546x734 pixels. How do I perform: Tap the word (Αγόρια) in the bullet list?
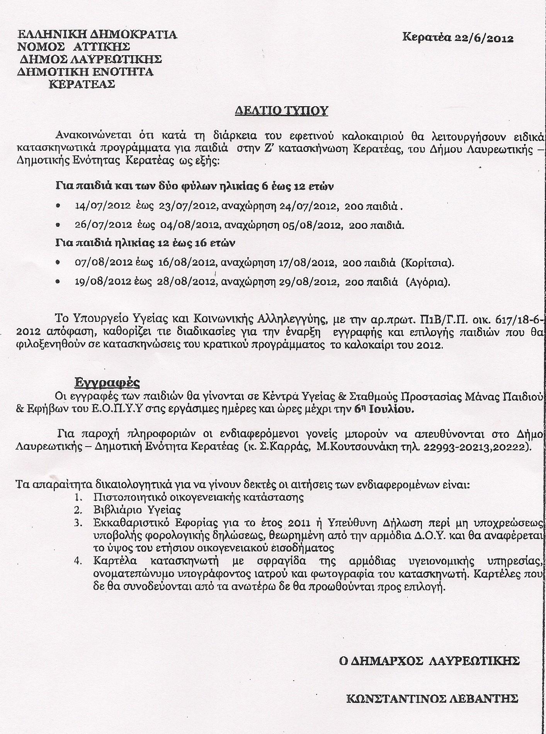click(428, 282)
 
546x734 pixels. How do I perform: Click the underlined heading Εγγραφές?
click(107, 383)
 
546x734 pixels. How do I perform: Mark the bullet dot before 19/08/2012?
click(58, 282)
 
